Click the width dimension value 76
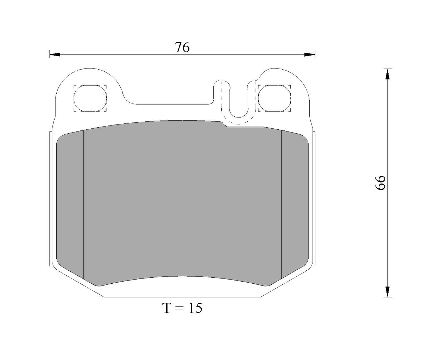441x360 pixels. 182,47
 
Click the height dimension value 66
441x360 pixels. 379,182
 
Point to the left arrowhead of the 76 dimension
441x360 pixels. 55,55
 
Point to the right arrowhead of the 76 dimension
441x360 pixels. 310,55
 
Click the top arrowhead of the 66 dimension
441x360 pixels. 388,74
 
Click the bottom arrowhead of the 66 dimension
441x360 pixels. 388,291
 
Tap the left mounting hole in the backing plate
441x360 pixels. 90,98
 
